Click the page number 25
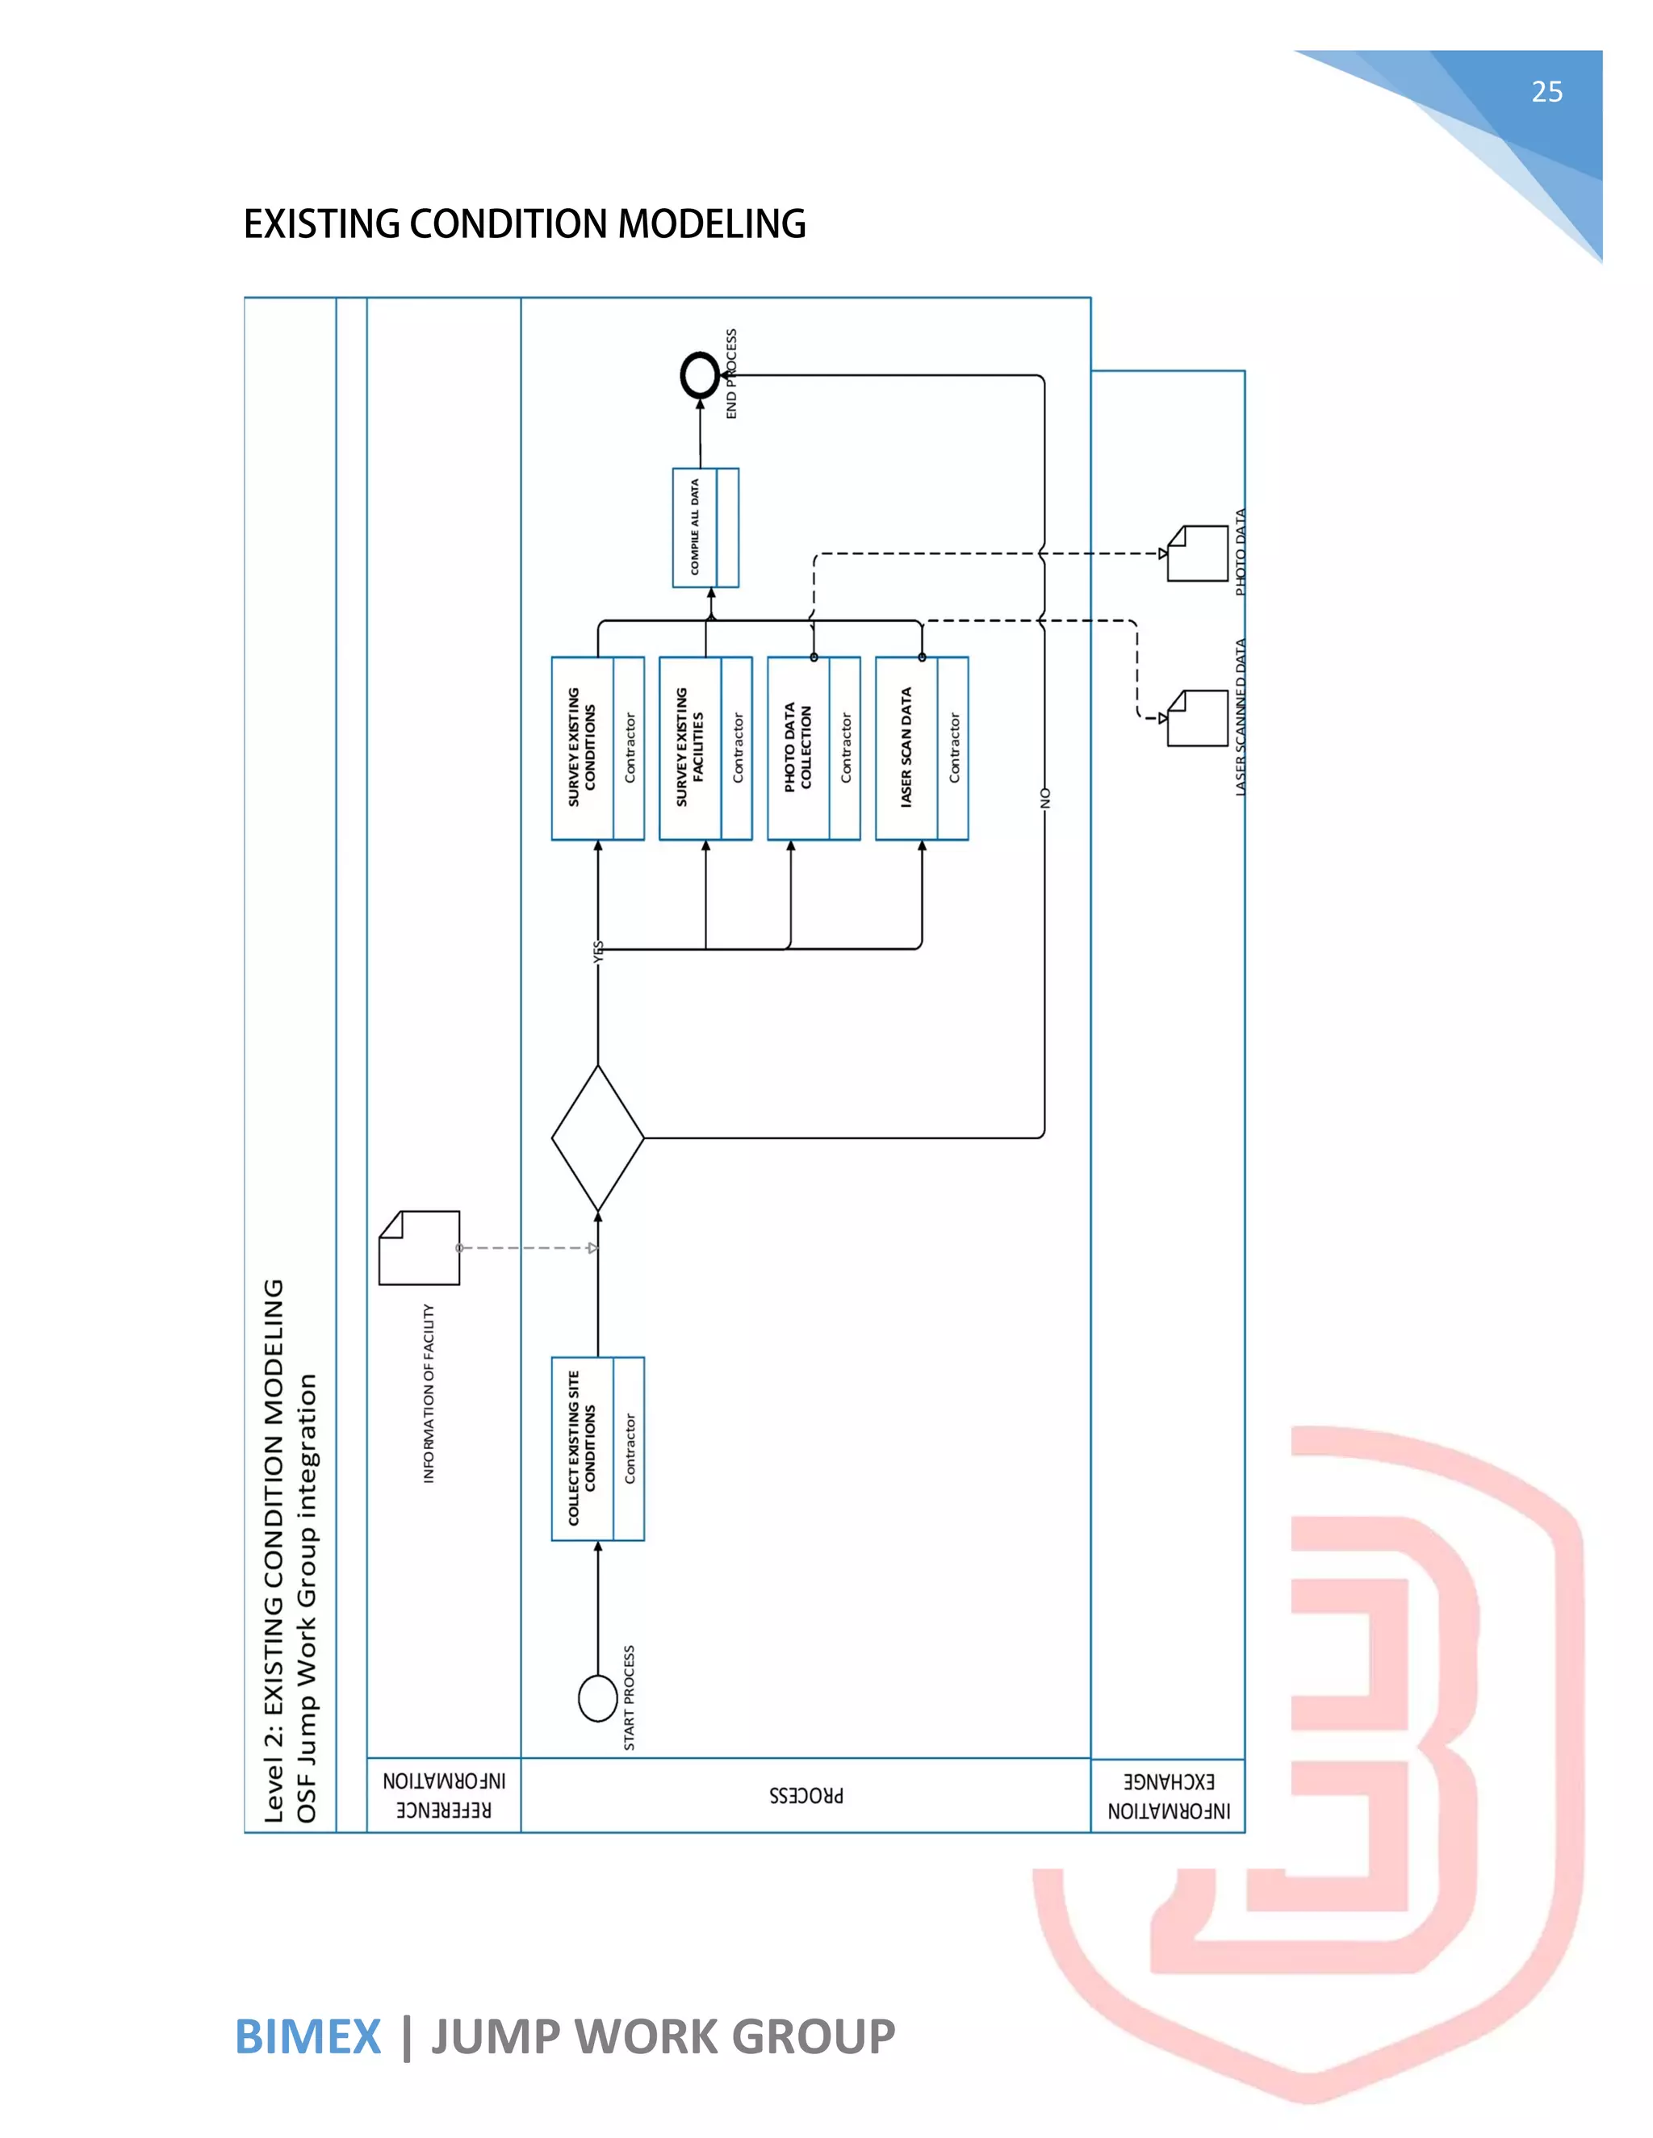point(1546,92)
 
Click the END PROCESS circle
point(700,375)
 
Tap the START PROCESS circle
point(597,1697)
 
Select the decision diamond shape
point(597,1138)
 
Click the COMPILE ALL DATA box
point(705,528)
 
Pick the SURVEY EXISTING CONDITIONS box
point(597,748)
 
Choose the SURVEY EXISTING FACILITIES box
point(705,748)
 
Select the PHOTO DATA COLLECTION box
point(813,748)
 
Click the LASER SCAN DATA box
point(922,748)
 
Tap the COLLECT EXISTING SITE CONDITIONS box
point(597,1449)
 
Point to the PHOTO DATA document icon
point(1198,553)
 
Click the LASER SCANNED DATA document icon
point(1198,717)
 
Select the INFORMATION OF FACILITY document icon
point(419,1247)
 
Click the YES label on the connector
point(598,951)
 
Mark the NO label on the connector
point(1045,798)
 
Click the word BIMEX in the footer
point(308,2037)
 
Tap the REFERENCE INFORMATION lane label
point(444,1794)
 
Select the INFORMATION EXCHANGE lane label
point(1168,1795)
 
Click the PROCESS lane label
point(806,1795)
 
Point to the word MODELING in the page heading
point(712,224)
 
